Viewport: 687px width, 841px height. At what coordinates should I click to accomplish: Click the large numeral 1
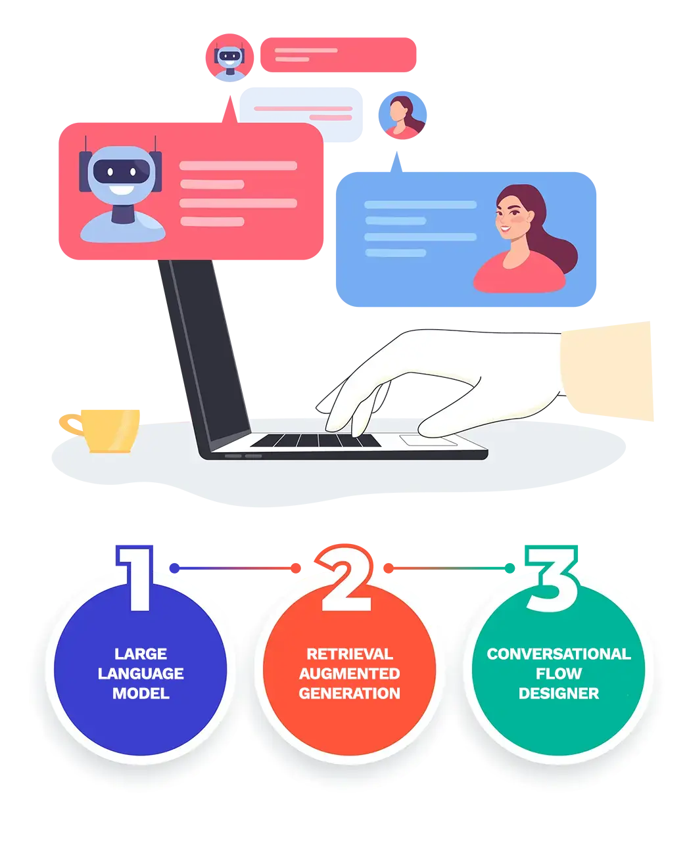click(x=139, y=578)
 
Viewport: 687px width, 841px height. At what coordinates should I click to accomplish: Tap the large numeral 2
click(x=347, y=580)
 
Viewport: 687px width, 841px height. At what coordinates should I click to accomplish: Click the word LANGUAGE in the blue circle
click(x=141, y=673)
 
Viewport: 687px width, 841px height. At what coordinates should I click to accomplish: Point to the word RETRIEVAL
click(x=349, y=654)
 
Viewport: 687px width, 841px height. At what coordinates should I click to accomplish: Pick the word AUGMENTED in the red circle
click(x=349, y=673)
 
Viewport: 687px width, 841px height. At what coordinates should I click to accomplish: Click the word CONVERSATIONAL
click(x=558, y=654)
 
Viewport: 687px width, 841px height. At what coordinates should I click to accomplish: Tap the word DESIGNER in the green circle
click(x=558, y=693)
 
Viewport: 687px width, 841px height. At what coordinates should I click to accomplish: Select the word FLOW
click(x=558, y=673)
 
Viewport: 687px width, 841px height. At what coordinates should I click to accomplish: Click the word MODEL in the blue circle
click(x=141, y=693)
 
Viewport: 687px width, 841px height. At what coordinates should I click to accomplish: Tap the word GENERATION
click(x=349, y=693)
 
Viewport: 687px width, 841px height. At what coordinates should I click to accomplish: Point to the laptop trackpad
click(x=428, y=440)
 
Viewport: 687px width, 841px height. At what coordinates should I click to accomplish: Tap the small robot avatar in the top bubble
click(x=229, y=58)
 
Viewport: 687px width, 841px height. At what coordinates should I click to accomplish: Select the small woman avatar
click(x=400, y=116)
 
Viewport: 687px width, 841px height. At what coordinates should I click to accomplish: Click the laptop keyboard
click(x=316, y=440)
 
